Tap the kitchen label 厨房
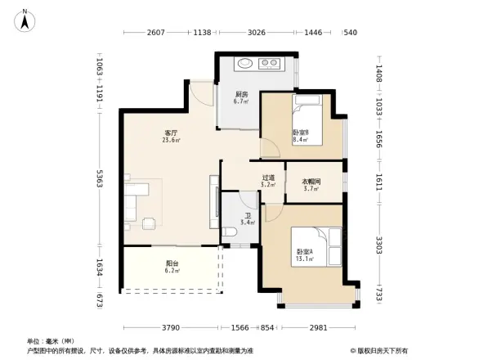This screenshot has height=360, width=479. click(x=241, y=94)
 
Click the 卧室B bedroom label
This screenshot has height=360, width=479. click(x=301, y=133)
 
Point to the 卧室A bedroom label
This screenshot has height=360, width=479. click(x=305, y=252)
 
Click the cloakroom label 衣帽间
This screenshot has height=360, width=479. click(x=311, y=182)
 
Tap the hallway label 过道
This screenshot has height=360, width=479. click(x=268, y=178)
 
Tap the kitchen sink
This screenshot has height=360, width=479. click(x=244, y=63)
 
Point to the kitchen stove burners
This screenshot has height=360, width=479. click(x=269, y=63)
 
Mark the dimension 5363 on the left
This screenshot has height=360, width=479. click(x=99, y=181)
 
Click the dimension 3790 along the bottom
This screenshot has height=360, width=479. click(x=170, y=327)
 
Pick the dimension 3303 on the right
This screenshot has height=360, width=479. click(x=379, y=245)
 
